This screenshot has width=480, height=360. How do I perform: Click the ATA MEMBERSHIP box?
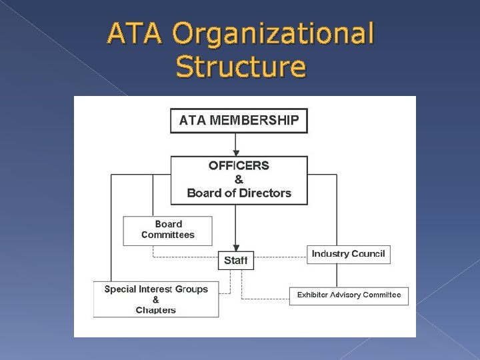click(239, 121)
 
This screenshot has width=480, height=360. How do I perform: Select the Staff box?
click(235, 260)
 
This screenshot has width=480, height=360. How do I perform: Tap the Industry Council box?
click(348, 254)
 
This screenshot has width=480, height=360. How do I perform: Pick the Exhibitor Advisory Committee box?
click(349, 295)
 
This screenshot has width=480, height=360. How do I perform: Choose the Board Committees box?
click(168, 230)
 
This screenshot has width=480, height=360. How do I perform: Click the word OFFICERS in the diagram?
click(239, 165)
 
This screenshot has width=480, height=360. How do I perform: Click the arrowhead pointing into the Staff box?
click(235, 247)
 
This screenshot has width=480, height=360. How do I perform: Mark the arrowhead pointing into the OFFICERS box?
click(235, 152)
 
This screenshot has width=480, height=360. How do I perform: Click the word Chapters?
click(156, 310)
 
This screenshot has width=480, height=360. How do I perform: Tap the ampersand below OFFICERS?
click(239, 179)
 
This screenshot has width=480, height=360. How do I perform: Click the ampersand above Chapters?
click(156, 300)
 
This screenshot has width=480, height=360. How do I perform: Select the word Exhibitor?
click(314, 295)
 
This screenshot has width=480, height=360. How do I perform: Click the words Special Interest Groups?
click(156, 289)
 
